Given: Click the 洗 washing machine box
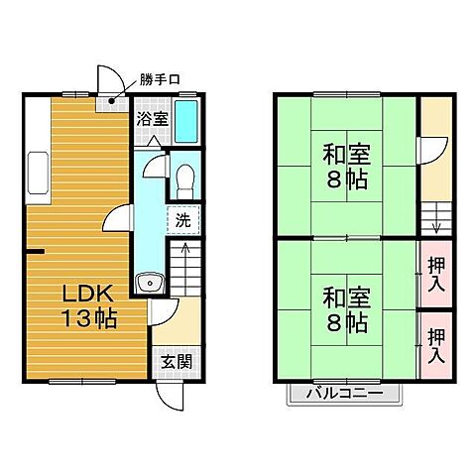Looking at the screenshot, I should point(184,219).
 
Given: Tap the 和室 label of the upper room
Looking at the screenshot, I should point(346,155).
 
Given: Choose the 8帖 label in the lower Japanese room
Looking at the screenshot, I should point(346,323).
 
